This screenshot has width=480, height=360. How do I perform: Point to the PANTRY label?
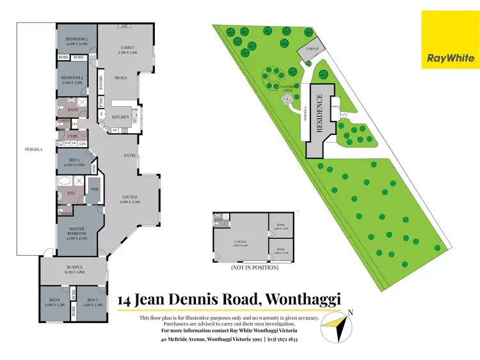click(x=101, y=83)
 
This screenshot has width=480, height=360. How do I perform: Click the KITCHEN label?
click(x=121, y=117)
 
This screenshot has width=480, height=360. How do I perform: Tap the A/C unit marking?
click(x=126, y=26)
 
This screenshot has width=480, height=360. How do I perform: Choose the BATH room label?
click(x=73, y=110)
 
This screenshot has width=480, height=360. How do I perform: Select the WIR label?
click(x=93, y=189)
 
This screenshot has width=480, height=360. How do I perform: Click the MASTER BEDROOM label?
click(x=77, y=236)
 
